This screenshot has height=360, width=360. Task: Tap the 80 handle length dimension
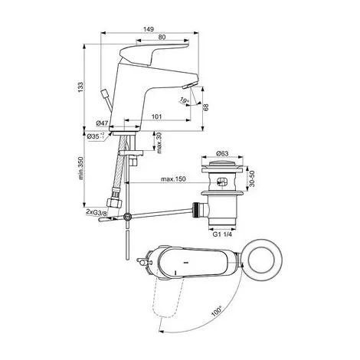162,38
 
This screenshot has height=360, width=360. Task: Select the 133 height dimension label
80,87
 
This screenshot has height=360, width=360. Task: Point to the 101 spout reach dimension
157,116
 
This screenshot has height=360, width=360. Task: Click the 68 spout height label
206,106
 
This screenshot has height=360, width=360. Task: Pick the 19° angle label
184,100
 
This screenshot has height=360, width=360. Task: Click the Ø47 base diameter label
102,123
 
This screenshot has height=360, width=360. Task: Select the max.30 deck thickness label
159,143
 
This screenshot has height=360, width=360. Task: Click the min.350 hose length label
81,168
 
